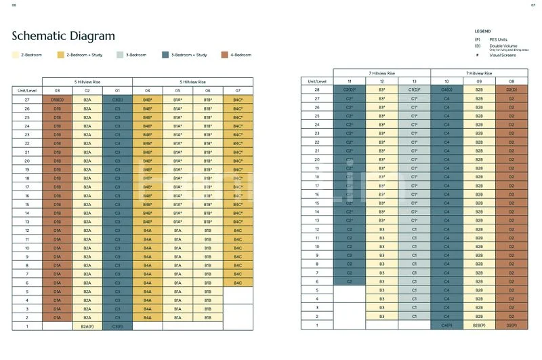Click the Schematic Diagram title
coord(63,36)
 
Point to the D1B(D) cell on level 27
coord(57,99)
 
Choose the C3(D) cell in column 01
coord(117,99)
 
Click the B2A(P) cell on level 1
coord(87,326)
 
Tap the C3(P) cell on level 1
coord(117,326)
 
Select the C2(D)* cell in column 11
coord(349,89)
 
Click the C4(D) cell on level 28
coord(447,89)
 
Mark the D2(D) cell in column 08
coord(510,89)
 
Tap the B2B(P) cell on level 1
coord(478,326)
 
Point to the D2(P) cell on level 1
coord(510,326)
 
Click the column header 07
coord(237,90)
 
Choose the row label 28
coord(316,89)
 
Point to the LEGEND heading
coord(482,31)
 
